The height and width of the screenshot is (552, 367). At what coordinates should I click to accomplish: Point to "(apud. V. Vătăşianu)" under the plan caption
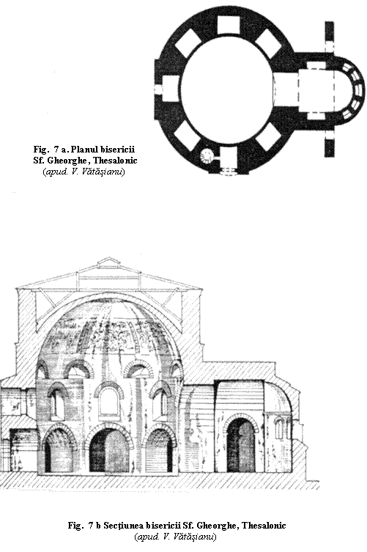[x=84, y=172]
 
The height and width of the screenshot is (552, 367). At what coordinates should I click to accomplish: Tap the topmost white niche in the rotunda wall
[x=228, y=25]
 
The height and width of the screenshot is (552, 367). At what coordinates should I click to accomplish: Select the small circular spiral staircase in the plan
[x=206, y=155]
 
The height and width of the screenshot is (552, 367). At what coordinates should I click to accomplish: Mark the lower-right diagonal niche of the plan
[x=268, y=136]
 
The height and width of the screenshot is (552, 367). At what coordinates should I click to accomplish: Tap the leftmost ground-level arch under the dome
[x=59, y=450]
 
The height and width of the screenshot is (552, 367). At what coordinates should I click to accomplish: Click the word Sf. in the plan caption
[x=38, y=161]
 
